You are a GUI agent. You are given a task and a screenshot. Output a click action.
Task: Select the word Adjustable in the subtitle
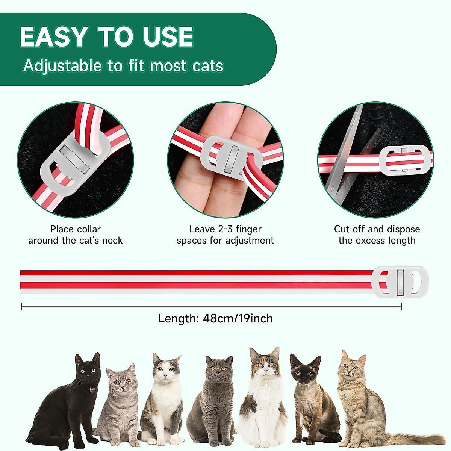62,66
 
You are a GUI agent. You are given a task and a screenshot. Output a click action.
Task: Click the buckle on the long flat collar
400,282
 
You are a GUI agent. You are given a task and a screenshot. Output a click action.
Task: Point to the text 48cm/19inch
238,319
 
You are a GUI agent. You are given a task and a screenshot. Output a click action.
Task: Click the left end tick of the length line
22,307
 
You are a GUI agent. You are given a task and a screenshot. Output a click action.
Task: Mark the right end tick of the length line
401,307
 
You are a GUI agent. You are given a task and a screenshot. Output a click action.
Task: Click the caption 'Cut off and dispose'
377,229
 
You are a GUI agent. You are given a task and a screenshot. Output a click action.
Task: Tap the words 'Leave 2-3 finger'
225,229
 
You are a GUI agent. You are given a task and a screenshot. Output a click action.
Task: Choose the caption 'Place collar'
75,229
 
